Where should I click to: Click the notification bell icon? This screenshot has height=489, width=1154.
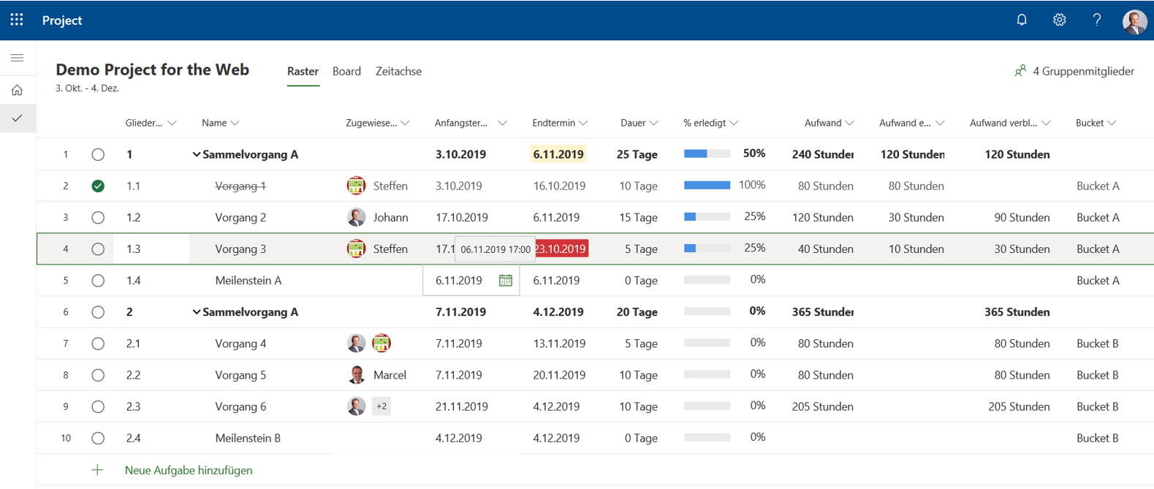(x=1022, y=20)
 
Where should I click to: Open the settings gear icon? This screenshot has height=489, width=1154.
(x=1059, y=20)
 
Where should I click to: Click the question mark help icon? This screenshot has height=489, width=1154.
(x=1096, y=20)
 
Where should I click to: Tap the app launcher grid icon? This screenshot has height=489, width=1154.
(x=17, y=20)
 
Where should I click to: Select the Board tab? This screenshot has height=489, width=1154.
(x=346, y=71)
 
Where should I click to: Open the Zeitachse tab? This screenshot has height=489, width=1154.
(x=398, y=71)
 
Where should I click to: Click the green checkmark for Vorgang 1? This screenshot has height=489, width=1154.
(x=98, y=186)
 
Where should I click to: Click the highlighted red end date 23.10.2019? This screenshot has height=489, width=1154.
(x=561, y=249)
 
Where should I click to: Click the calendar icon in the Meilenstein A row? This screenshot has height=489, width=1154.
(x=505, y=281)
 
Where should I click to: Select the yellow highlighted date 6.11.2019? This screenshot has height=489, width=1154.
(x=558, y=154)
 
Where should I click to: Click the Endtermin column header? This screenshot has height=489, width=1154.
(x=554, y=123)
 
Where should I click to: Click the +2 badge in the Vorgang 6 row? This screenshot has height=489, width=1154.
(x=381, y=406)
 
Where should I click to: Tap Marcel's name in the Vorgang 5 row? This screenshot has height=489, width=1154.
(x=390, y=375)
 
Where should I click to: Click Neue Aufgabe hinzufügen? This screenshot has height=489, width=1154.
(x=188, y=470)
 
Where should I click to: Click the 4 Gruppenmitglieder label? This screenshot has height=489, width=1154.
(x=1082, y=71)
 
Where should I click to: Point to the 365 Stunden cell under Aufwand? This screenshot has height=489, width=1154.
(x=822, y=312)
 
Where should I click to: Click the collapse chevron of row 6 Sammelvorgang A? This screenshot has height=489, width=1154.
(x=196, y=312)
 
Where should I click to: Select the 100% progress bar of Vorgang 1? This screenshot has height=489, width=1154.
(x=707, y=186)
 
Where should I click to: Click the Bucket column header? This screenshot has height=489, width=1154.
(x=1090, y=123)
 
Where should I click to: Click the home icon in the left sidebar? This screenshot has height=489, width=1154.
(x=17, y=90)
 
